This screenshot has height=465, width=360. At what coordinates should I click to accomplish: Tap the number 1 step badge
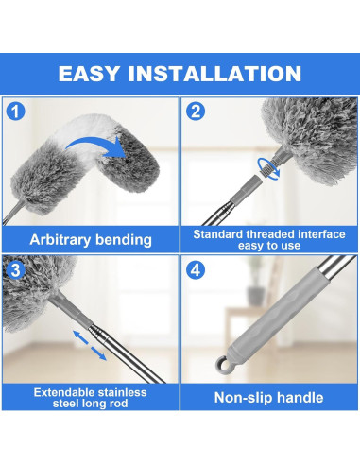tap(15, 112)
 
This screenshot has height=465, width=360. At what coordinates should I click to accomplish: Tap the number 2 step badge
tap(196, 112)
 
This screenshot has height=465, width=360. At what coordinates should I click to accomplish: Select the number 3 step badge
tap(15, 268)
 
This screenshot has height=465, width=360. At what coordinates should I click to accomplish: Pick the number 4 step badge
tap(196, 268)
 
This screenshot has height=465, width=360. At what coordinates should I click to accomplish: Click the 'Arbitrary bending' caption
tap(90, 239)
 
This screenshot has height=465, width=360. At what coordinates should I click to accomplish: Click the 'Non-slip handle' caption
tap(268, 397)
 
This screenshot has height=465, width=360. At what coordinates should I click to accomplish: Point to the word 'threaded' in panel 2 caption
tap(274, 232)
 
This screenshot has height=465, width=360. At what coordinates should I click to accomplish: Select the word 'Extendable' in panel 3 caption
tap(66, 391)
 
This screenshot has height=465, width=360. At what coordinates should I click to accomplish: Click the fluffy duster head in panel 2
tap(302, 132)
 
